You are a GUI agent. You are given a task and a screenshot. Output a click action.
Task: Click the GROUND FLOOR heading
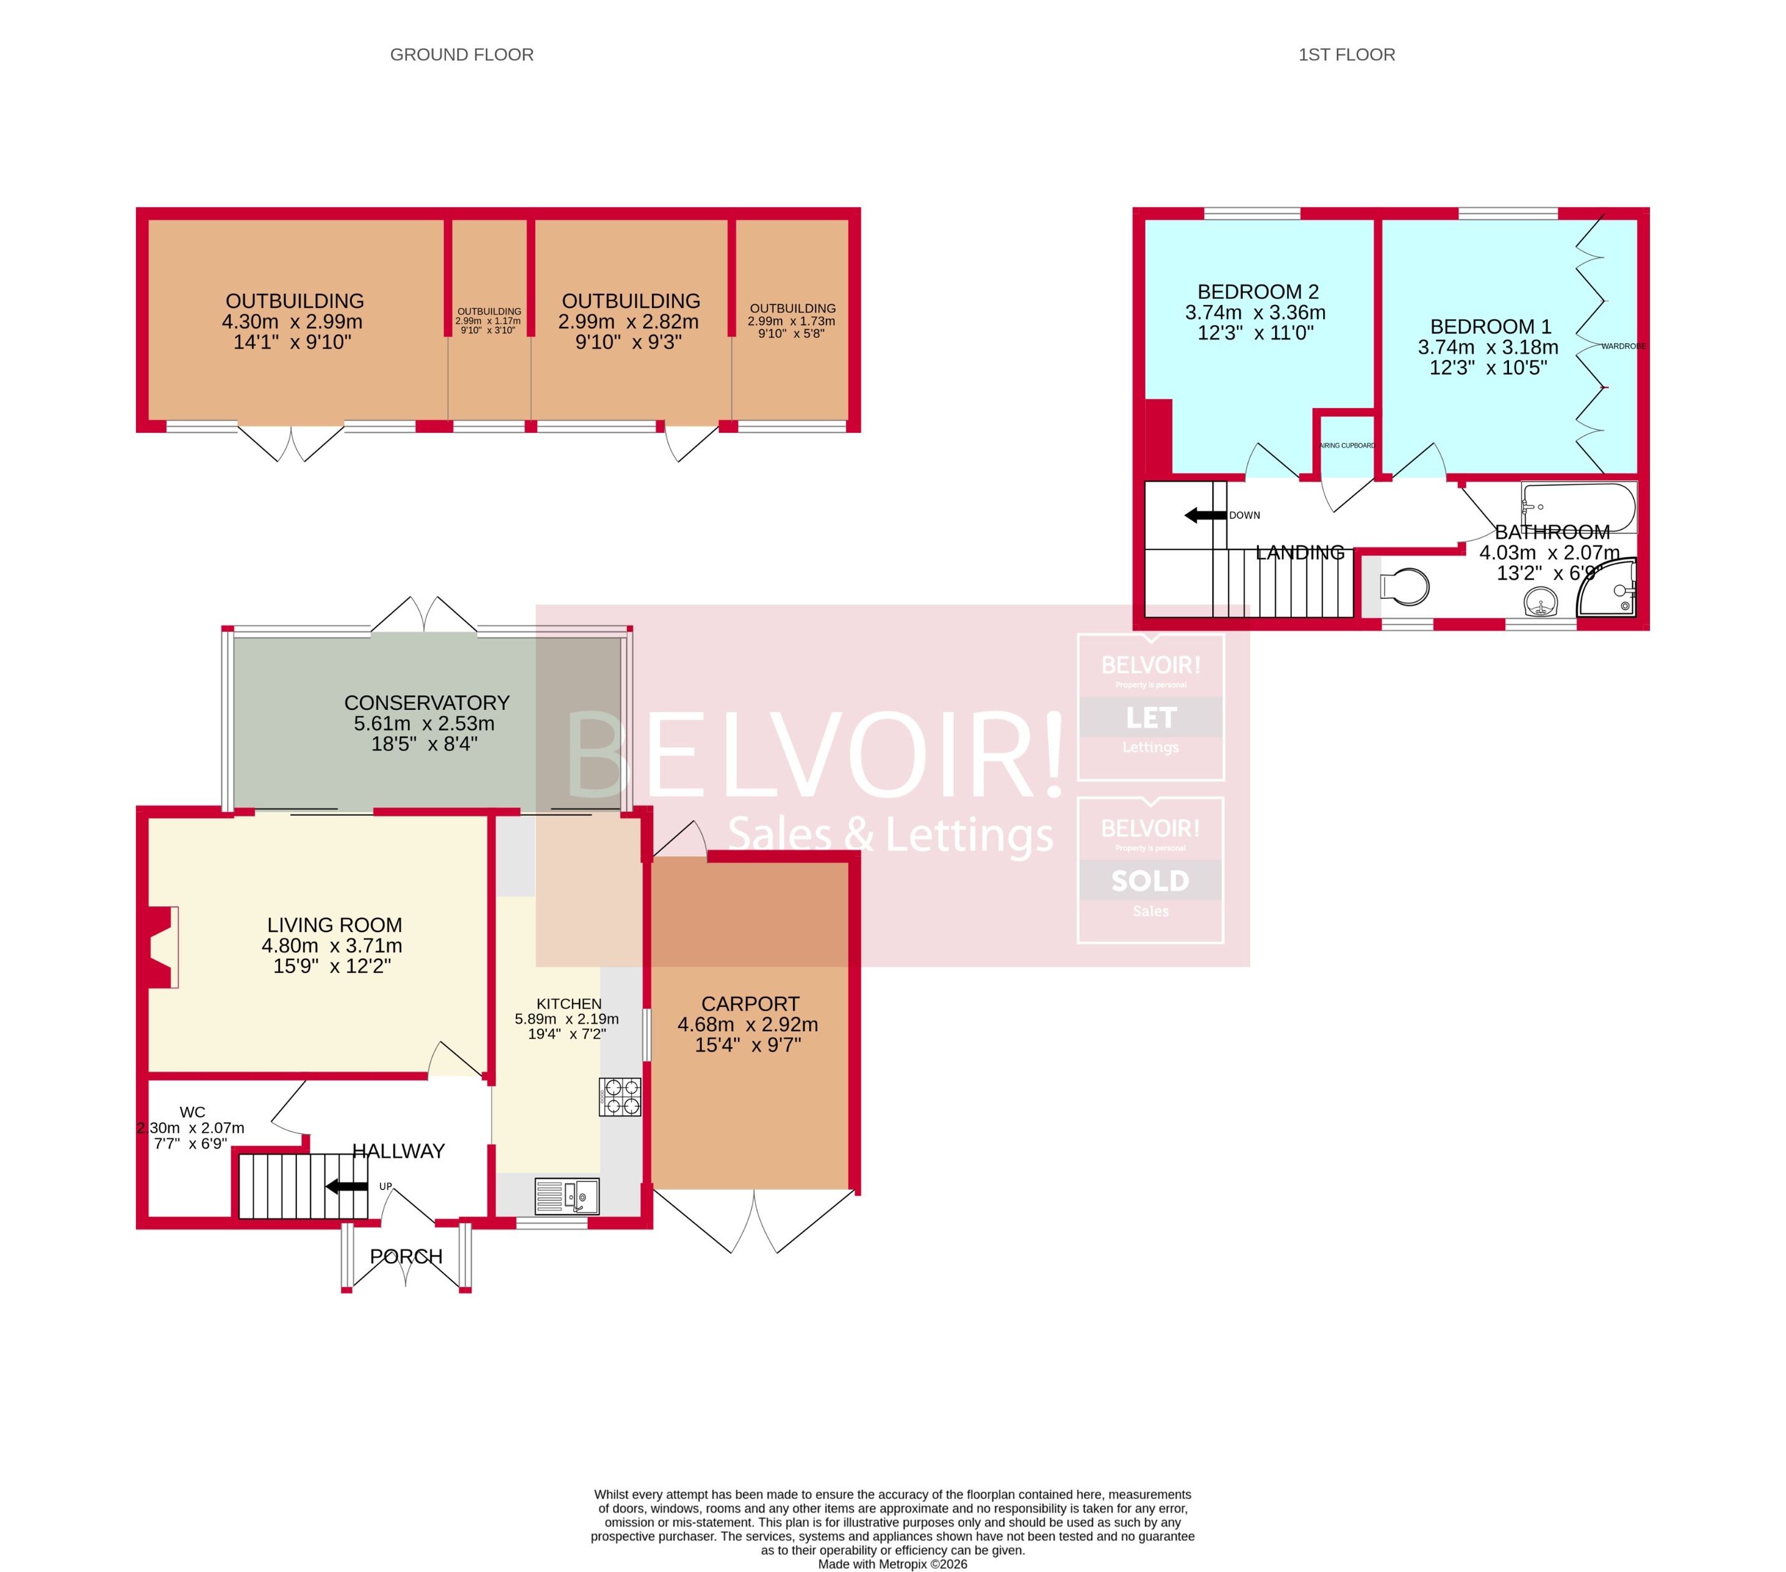pos(462,54)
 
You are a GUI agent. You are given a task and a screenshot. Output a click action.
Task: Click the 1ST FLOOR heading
pos(1346,54)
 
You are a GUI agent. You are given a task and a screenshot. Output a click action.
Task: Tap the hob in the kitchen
pos(619,1097)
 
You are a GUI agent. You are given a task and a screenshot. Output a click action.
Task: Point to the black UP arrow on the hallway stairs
pos(347,1186)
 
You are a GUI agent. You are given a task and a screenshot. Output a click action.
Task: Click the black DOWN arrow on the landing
pos(1205,515)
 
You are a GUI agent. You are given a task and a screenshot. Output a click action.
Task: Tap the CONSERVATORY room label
pos(427,702)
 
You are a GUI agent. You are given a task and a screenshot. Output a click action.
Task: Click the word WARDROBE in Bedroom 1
pos(1623,346)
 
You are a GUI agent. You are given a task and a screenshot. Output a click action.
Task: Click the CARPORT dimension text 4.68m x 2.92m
pos(748,1024)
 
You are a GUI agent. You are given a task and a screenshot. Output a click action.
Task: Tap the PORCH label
pos(406,1256)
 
